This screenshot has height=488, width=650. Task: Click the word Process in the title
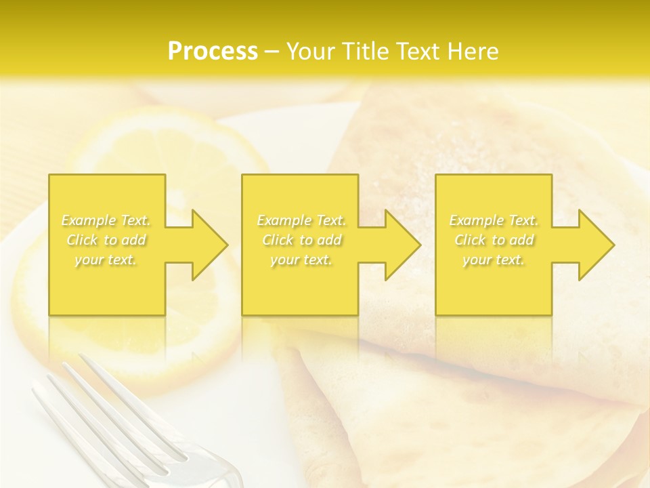[213, 52]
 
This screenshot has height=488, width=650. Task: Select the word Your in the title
[311, 52]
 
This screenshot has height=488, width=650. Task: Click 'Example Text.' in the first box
[106, 220]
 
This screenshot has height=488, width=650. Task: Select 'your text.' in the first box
[106, 260]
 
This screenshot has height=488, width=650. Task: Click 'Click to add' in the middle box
[301, 240]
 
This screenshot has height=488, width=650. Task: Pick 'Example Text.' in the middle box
[301, 220]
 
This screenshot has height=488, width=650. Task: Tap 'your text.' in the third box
[494, 260]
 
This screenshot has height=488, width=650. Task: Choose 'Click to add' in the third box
[494, 240]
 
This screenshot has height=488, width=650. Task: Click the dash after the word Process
[272, 52]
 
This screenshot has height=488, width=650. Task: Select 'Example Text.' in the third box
[494, 220]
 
